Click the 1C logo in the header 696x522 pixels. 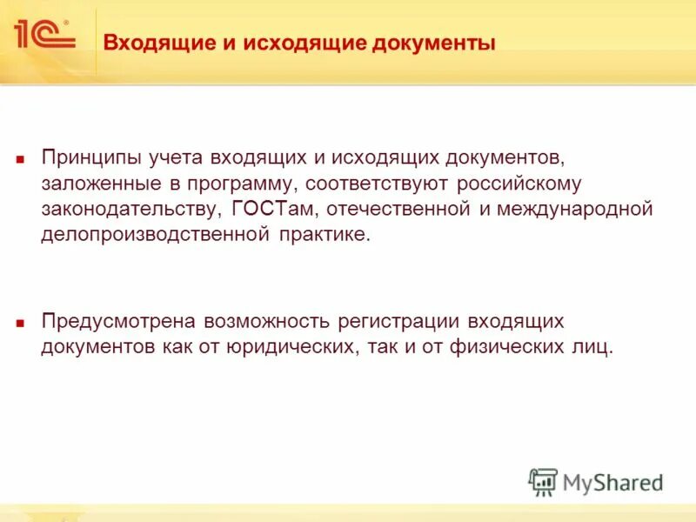coord(43,35)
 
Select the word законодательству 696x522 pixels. coord(131,210)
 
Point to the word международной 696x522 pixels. coord(571,210)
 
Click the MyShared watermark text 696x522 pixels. coord(612,482)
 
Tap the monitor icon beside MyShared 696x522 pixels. coord(543,482)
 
